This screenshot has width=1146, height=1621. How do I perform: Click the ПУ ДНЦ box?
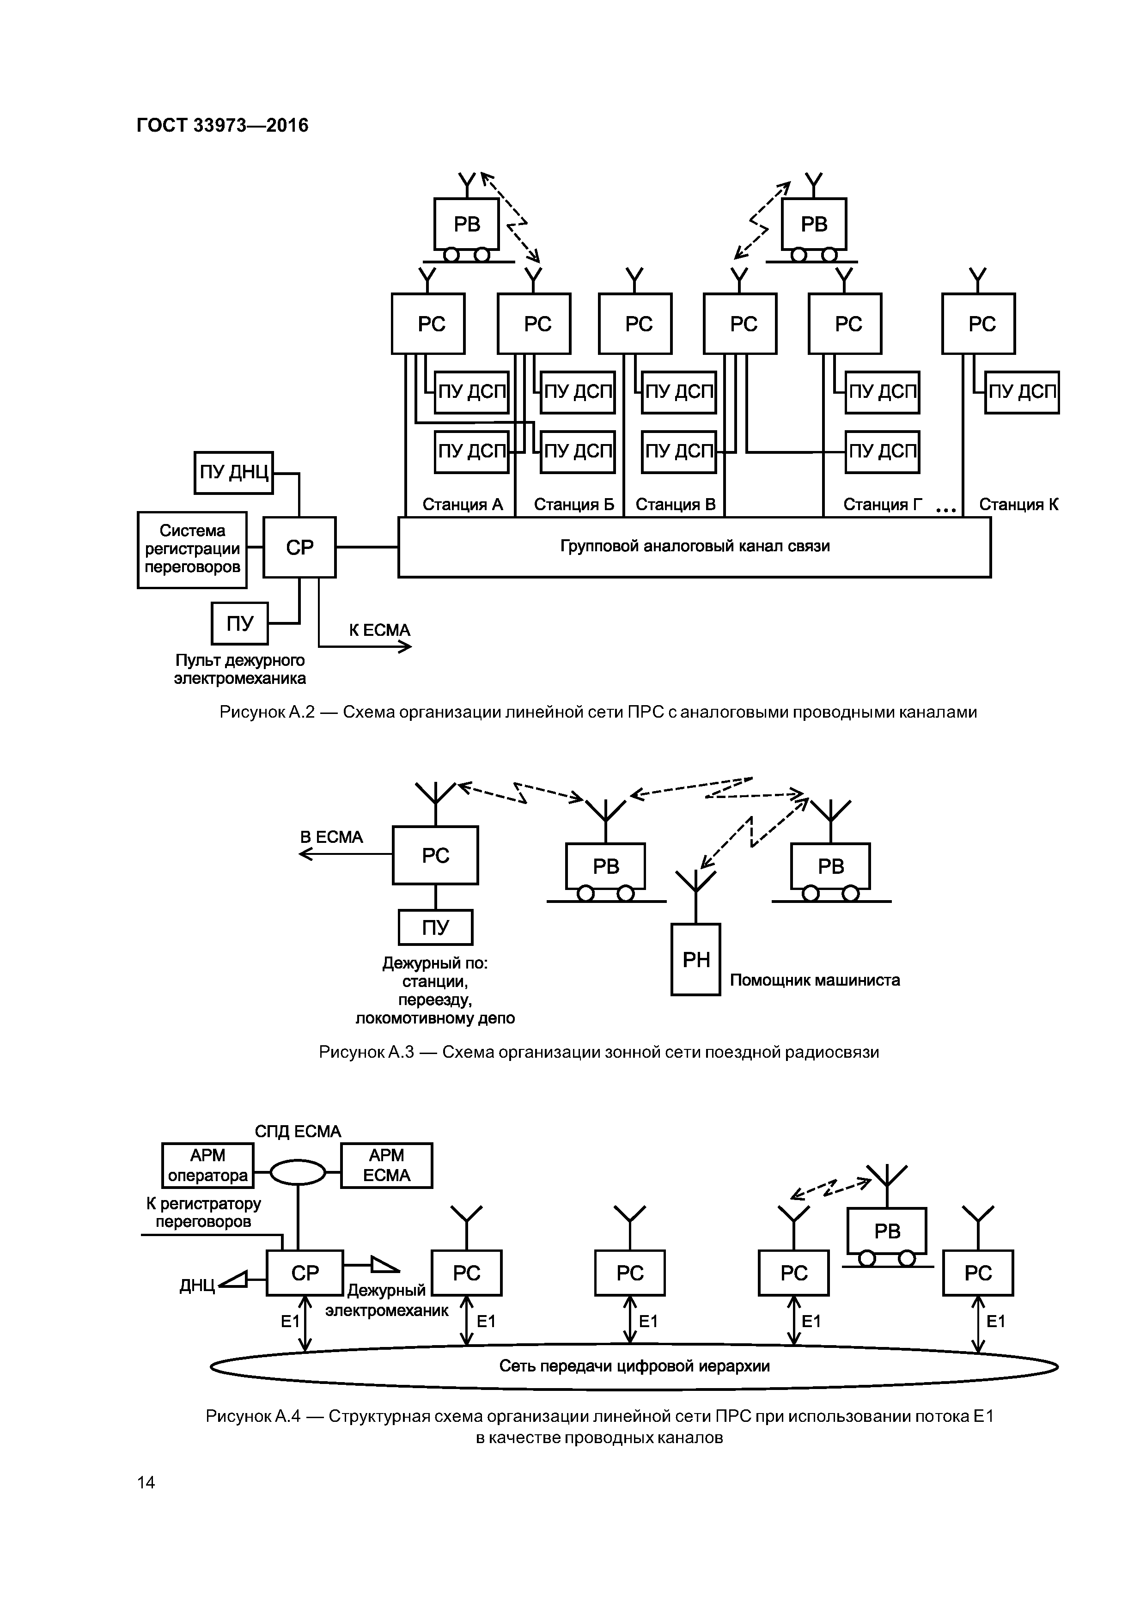[234, 472]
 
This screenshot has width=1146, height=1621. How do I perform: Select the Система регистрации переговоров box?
[192, 549]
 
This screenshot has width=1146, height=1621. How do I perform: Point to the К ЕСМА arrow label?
[379, 630]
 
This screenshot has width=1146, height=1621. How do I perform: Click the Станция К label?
[1018, 504]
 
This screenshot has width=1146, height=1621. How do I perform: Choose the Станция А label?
[463, 504]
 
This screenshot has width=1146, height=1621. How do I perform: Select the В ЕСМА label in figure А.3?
[331, 837]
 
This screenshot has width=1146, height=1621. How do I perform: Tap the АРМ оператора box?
[207, 1166]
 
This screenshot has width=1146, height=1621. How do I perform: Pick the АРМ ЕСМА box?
[386, 1166]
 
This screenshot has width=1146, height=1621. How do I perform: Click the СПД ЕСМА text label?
[298, 1131]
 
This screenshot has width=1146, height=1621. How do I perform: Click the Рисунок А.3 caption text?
[599, 1052]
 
